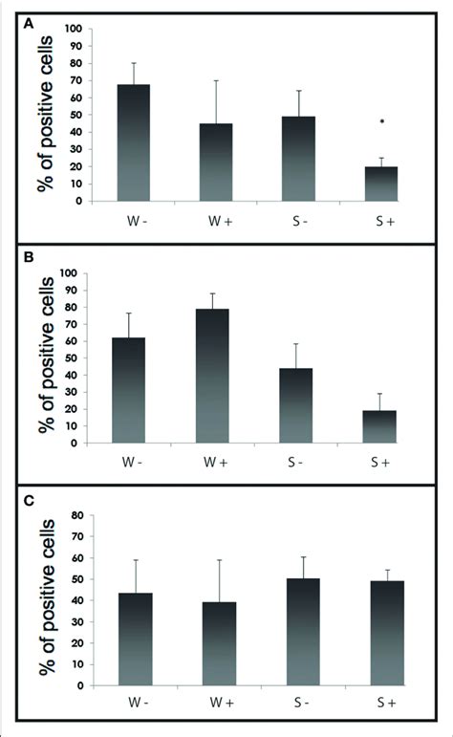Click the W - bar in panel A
click(x=134, y=142)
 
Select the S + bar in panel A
click(x=381, y=184)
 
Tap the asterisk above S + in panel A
click(x=382, y=121)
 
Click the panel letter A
click(x=29, y=24)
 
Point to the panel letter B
click(x=29, y=258)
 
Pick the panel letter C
click(x=29, y=501)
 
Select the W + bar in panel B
click(x=212, y=376)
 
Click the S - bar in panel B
click(x=295, y=405)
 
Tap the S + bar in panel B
click(x=379, y=426)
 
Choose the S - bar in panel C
click(x=303, y=632)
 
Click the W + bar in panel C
click(x=220, y=644)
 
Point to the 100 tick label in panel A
click(x=74, y=29)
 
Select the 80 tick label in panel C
click(x=77, y=515)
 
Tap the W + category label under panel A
click(x=221, y=222)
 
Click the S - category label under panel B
click(x=295, y=463)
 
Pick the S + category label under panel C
click(x=386, y=703)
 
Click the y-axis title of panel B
click(x=47, y=355)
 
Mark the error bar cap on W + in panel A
click(x=216, y=80)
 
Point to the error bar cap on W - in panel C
click(x=136, y=560)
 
